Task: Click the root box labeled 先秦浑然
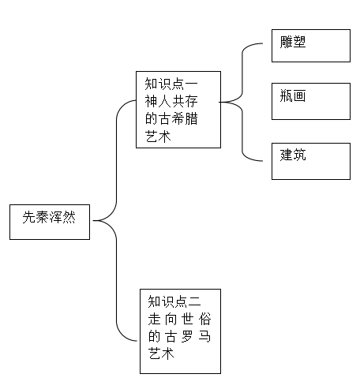pos(50,222)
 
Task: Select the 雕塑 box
pos(311,46)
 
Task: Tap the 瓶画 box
pos(311,101)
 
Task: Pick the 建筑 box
pos(311,161)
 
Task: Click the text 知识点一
pos(171,84)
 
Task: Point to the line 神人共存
pos(171,101)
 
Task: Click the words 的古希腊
pos(171,118)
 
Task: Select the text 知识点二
pos(174,301)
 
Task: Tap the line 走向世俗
pos(179,319)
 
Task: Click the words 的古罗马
pos(179,336)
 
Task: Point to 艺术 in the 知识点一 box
pos(158,137)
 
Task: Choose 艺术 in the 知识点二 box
pos(161,353)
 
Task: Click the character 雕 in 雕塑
pos(287,42)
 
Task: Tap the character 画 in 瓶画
pos(299,95)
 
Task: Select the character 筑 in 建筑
pos(299,155)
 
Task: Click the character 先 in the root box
pos(29,218)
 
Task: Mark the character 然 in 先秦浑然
pos(69,218)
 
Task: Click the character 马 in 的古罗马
pos(204,336)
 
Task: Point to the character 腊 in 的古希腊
pos(191,118)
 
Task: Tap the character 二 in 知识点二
pos(194,301)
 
